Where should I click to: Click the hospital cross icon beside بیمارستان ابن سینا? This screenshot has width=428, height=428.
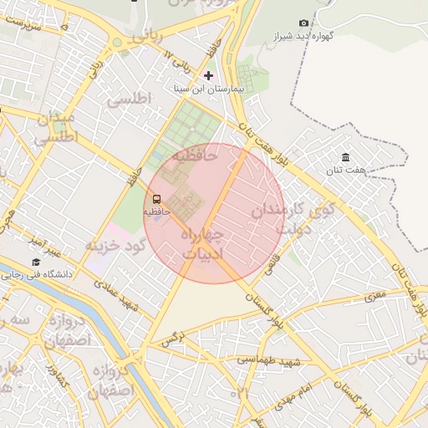208,76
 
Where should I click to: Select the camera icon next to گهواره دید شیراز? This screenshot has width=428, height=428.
303,23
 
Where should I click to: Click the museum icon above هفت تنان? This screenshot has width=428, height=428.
345,157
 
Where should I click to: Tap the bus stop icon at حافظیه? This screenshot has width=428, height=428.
157,199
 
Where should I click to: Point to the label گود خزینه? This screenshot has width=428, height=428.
115,245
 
